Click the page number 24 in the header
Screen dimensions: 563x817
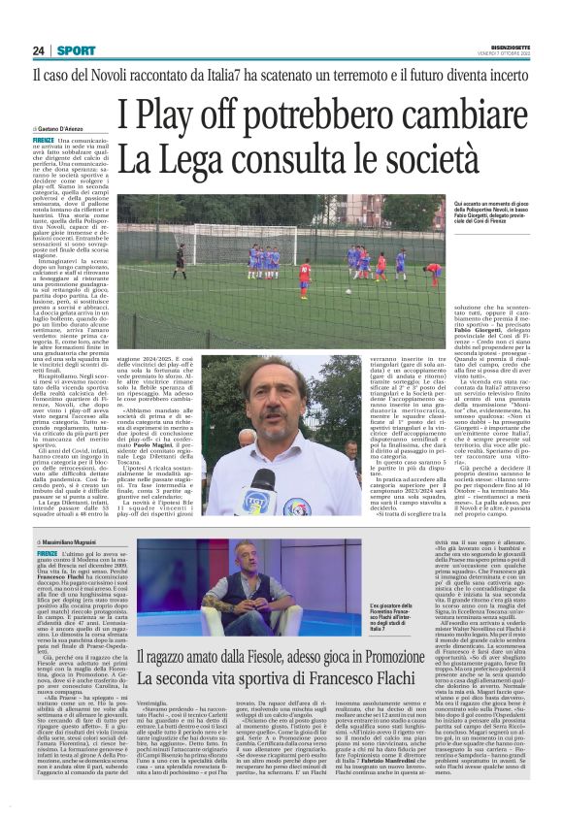(x=39, y=50)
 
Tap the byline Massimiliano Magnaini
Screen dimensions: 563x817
(x=73, y=539)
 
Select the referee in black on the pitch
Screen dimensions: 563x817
(x=180, y=260)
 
